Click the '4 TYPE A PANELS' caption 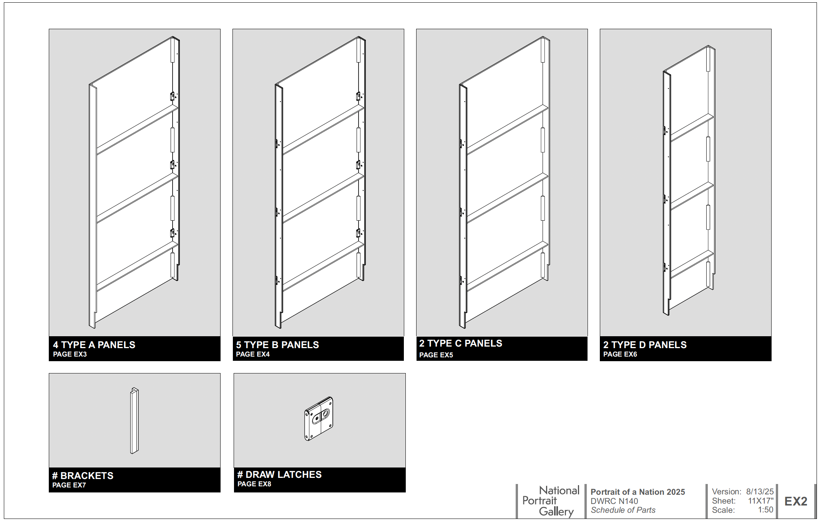coord(94,345)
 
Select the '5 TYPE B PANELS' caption coord(277,345)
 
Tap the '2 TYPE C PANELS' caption coord(461,343)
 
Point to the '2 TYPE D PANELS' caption coord(645,345)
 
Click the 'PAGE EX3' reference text coord(70,354)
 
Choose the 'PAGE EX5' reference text coord(436,355)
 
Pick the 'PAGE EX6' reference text coord(620,354)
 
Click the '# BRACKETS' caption coord(83,476)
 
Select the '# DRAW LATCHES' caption coord(279,474)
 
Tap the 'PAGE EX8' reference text coord(254,484)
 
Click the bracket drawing coord(134,421)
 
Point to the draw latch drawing coord(319,419)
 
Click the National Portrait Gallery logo coord(551,501)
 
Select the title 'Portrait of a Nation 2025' coord(638,492)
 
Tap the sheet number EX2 coord(796,501)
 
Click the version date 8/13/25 coord(760,492)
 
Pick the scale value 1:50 coord(765,510)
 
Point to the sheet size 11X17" coord(761,501)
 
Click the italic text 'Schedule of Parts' coord(623,510)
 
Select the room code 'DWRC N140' coord(614,501)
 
